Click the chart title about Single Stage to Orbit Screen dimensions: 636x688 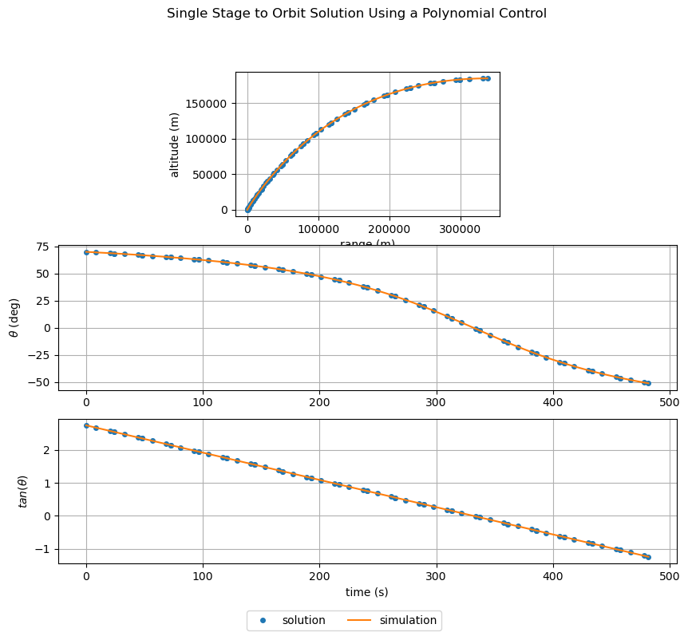(357, 14)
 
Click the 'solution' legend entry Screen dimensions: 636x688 (303, 620)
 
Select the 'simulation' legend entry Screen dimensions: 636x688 (408, 620)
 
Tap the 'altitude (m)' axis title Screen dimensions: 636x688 (174, 144)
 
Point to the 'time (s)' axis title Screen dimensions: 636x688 (367, 592)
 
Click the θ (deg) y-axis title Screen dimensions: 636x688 (14, 318)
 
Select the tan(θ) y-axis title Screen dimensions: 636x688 (14, 492)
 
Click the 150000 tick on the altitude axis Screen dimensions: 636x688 (208, 104)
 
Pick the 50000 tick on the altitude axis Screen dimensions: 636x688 (211, 175)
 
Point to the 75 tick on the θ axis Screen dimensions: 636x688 (44, 247)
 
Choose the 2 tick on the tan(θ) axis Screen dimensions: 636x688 (47, 450)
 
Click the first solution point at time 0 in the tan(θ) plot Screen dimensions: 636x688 (86, 425)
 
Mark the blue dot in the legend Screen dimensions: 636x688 (263, 620)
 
